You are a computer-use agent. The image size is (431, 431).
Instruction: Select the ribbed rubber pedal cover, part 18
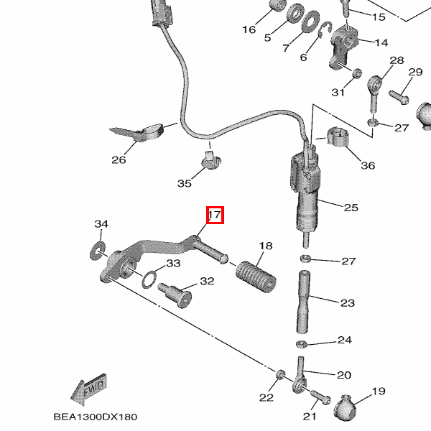[256, 276]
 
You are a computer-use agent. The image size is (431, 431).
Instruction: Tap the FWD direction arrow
[88, 391]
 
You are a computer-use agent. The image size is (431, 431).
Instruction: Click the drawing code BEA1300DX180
[95, 417]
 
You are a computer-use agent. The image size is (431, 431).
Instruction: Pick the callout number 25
[351, 208]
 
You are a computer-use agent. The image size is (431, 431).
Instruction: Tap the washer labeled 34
[95, 251]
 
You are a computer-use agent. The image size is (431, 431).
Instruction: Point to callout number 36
[367, 166]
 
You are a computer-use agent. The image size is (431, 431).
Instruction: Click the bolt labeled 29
[399, 94]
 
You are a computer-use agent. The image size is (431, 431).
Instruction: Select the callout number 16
[249, 29]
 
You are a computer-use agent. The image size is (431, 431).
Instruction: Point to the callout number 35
[185, 183]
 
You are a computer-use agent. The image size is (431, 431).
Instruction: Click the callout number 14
[381, 42]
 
